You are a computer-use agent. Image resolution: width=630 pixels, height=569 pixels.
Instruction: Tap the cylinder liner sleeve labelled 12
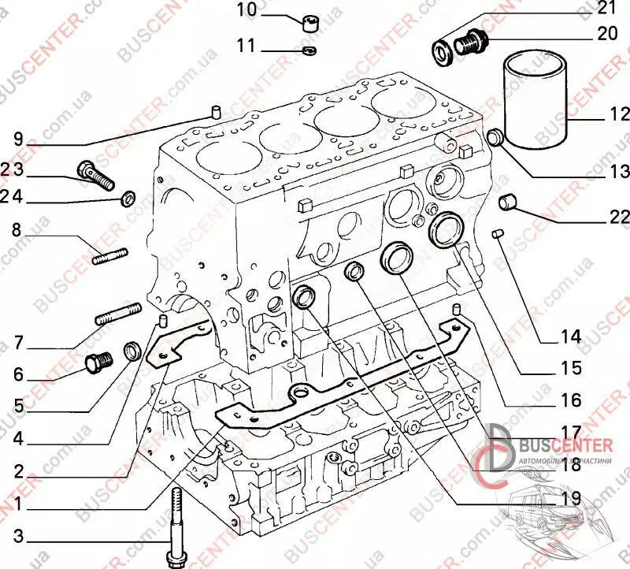click(536, 99)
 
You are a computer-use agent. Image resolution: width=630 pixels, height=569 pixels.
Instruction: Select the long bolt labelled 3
click(175, 521)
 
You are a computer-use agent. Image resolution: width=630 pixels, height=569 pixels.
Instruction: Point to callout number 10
click(246, 11)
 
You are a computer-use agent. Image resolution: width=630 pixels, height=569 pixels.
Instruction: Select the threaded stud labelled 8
click(110, 257)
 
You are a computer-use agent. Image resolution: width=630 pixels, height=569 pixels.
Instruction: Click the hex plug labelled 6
click(98, 362)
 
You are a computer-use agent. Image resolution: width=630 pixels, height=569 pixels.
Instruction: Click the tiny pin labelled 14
click(497, 232)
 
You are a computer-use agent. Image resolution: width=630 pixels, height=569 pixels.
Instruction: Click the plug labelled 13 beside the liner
click(497, 139)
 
